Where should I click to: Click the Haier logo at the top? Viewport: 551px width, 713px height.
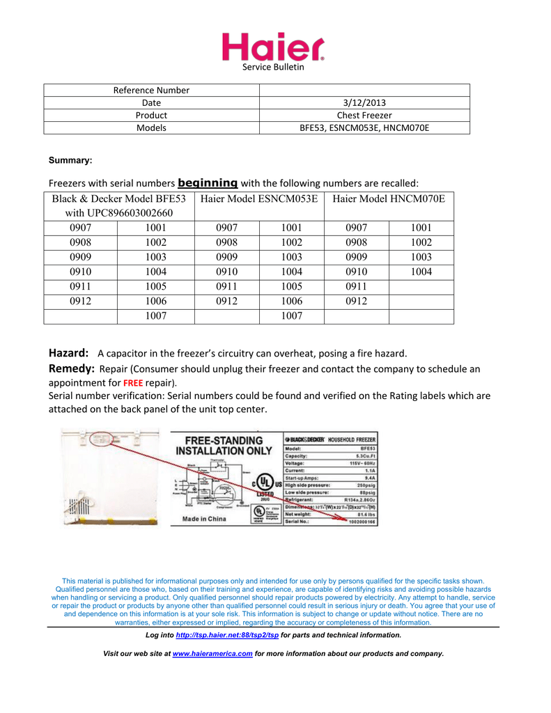(273, 47)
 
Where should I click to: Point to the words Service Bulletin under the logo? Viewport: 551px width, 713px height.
(273, 68)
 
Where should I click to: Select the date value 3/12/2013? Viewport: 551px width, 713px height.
(364, 102)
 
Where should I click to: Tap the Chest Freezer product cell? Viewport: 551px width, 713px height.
(364, 115)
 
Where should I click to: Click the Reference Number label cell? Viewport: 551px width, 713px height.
(151, 90)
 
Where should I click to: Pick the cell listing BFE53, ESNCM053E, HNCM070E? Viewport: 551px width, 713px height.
(364, 127)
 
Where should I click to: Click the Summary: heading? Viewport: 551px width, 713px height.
(70, 160)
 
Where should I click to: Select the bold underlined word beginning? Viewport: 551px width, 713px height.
(208, 182)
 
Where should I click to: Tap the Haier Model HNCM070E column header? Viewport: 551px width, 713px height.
(389, 199)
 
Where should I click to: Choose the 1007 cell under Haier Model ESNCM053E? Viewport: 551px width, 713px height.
(291, 315)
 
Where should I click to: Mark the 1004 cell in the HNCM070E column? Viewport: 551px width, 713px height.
(421, 272)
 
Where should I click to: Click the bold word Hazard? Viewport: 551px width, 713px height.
(68, 353)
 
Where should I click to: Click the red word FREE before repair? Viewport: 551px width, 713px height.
(133, 383)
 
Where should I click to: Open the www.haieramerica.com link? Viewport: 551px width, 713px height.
(212, 654)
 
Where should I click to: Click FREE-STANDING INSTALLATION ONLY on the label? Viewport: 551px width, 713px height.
(224, 446)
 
